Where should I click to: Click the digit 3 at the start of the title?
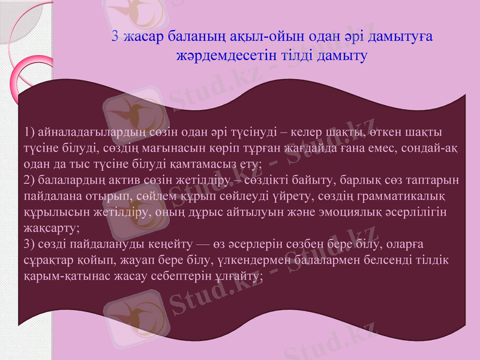tap(115, 37)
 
